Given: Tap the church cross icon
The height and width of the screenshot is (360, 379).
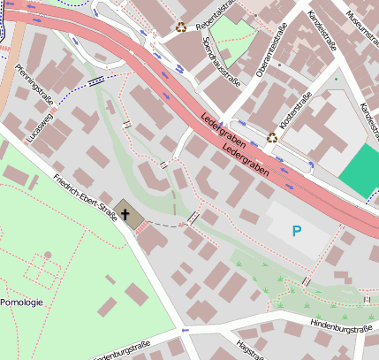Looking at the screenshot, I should coord(125,215).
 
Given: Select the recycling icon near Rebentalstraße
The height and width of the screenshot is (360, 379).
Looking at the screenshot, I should coord(181,27).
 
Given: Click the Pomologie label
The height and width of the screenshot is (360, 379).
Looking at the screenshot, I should coord(21,303).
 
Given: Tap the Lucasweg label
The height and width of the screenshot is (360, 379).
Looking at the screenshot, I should coord(41,128).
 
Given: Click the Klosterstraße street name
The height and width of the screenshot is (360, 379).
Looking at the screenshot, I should coord(295,113).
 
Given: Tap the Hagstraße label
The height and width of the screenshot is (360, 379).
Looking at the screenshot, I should coord(248,349).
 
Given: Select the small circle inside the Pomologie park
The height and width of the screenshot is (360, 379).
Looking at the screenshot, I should coord(48,255).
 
